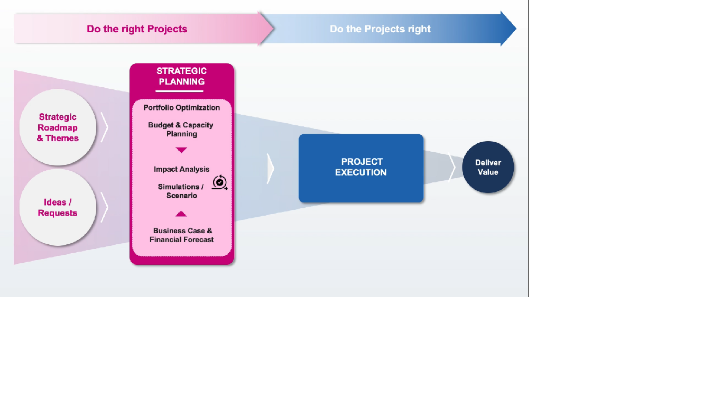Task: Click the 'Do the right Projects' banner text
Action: (x=137, y=29)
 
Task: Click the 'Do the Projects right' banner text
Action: (x=380, y=29)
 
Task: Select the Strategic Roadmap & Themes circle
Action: (x=58, y=127)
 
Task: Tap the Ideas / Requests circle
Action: (x=58, y=207)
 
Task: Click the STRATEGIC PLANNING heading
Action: (x=181, y=76)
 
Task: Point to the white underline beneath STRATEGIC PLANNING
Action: (x=179, y=91)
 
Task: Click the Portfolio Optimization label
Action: (x=181, y=107)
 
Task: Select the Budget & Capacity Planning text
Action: (x=181, y=130)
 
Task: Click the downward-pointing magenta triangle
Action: (x=181, y=150)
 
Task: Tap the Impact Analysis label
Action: (x=181, y=169)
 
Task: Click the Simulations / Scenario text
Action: (x=180, y=191)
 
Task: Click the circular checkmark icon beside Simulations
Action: (x=219, y=182)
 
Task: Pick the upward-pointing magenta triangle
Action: (x=181, y=214)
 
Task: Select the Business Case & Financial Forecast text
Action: (x=182, y=235)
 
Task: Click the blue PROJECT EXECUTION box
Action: (x=361, y=168)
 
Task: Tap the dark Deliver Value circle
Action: (x=488, y=167)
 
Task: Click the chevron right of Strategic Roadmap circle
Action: (x=105, y=127)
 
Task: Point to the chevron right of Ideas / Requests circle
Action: (x=105, y=207)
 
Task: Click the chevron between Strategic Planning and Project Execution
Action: (x=271, y=169)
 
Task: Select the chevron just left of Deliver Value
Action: (x=452, y=168)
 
